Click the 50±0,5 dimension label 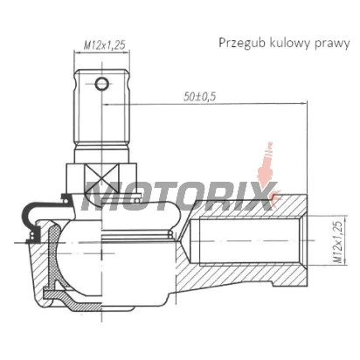click(x=200, y=96)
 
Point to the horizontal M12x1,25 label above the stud click(x=104, y=45)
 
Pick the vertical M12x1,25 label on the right click(x=338, y=242)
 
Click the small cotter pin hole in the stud click(x=102, y=84)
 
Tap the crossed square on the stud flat click(x=101, y=178)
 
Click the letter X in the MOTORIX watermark click(x=260, y=197)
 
